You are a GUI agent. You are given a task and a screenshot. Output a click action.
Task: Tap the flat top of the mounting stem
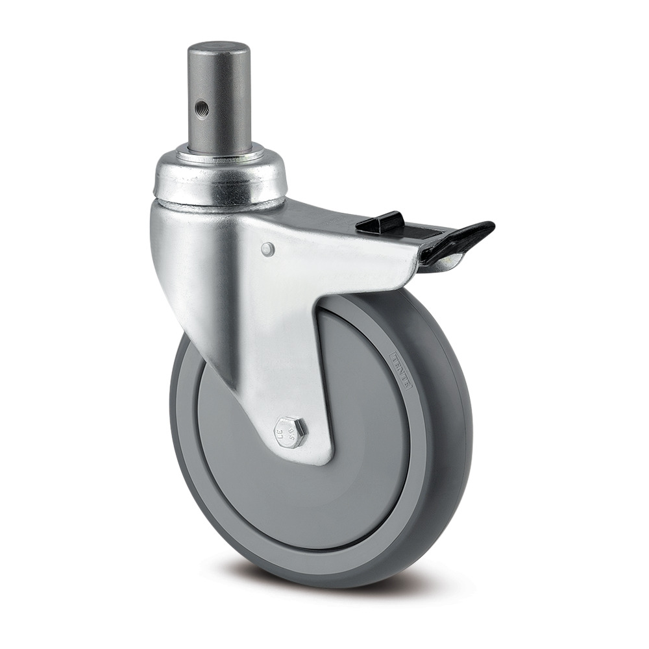(219, 49)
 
